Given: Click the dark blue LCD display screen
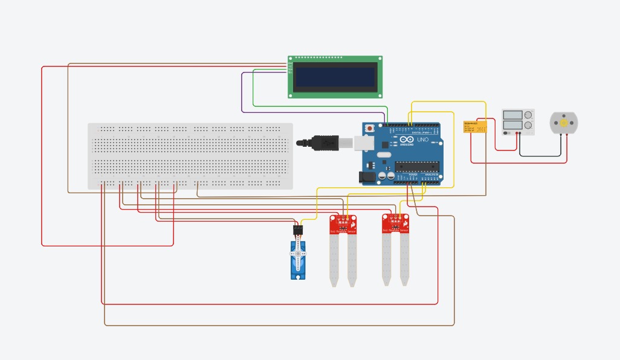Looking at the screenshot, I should click(335, 77).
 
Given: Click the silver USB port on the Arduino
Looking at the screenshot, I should click(362, 143).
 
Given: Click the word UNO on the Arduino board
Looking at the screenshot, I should click(422, 140).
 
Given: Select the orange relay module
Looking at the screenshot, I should click(475, 127).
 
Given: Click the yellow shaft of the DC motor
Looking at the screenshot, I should click(564, 123).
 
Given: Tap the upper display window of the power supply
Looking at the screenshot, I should click(512, 115).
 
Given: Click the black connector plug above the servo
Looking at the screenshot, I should click(297, 230).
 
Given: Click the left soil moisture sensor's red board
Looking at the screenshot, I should click(343, 224).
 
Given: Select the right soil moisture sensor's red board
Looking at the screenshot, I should click(395, 223).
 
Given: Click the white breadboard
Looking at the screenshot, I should click(190, 156).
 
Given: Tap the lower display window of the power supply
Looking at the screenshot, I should click(512, 126).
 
